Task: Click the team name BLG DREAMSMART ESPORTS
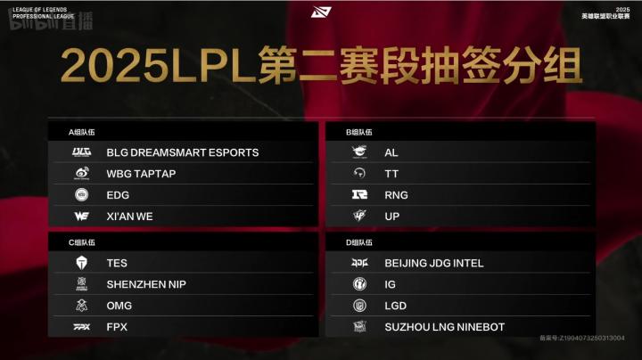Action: click(182, 152)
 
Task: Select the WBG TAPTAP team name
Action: click(141, 174)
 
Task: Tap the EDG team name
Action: click(118, 195)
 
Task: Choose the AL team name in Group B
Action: click(391, 152)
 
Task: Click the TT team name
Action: click(391, 174)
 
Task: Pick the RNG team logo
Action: click(359, 195)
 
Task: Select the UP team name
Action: click(392, 217)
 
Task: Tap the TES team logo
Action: click(81, 263)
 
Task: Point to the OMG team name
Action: click(119, 306)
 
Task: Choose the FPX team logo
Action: click(81, 327)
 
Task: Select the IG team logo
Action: click(359, 284)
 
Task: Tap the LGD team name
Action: click(396, 306)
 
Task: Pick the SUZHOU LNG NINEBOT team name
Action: click(444, 327)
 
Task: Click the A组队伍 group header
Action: click(82, 132)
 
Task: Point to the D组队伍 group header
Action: click(359, 242)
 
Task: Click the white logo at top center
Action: click(321, 12)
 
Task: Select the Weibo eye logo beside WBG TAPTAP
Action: click(81, 174)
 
